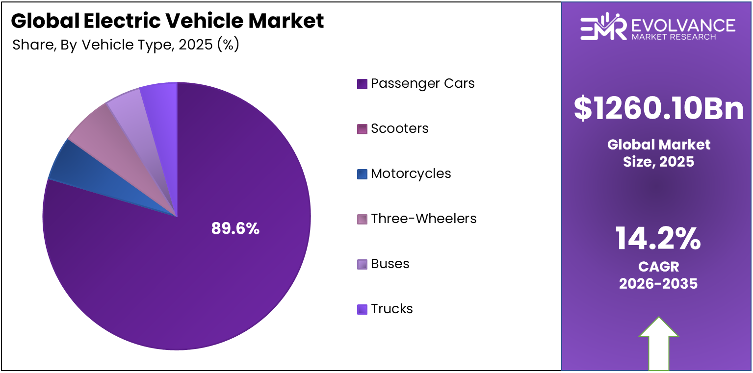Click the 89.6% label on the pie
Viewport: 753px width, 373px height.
235,228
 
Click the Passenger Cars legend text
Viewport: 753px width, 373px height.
422,83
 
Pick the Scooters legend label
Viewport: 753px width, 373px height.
399,128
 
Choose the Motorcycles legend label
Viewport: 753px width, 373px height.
411,174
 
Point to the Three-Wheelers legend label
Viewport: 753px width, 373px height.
423,219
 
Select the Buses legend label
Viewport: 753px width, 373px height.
390,264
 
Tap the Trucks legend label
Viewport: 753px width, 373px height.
391,309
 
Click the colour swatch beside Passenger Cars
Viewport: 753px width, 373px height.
362,84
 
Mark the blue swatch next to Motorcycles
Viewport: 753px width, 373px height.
362,174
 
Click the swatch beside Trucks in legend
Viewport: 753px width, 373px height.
362,309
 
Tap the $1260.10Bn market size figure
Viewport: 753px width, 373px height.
658,109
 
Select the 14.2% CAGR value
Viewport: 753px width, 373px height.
658,239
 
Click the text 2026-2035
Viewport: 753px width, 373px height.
658,283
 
